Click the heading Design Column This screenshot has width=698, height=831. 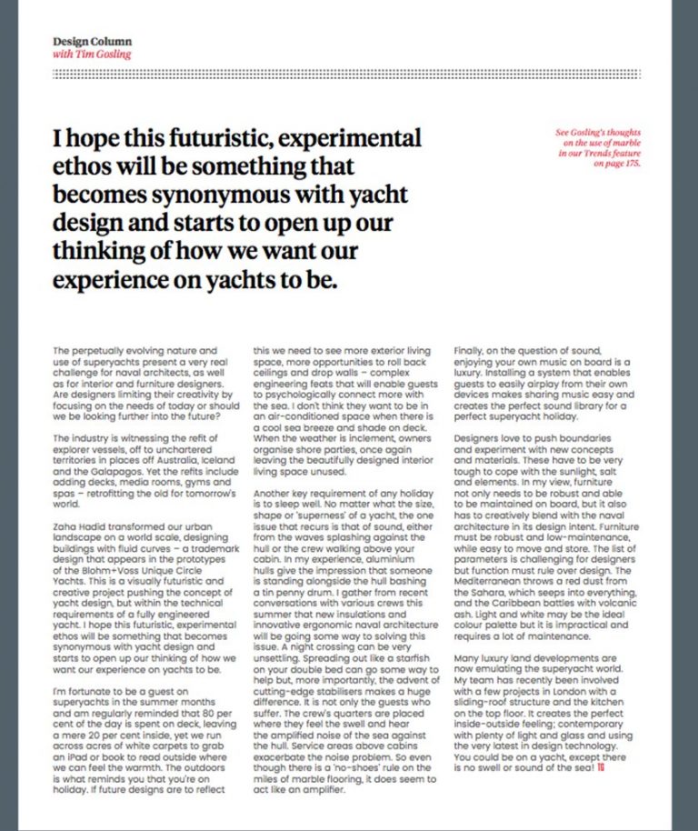pyautogui.click(x=92, y=42)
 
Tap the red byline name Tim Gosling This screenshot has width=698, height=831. pyautogui.click(x=105, y=55)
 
